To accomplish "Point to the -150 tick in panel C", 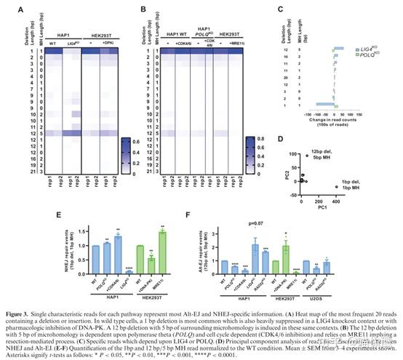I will (x=306, y=113).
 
